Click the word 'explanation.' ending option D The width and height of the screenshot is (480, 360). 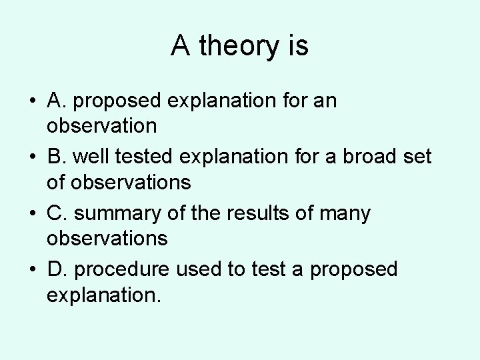tap(104, 294)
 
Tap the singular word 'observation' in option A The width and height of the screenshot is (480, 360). tap(101, 125)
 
